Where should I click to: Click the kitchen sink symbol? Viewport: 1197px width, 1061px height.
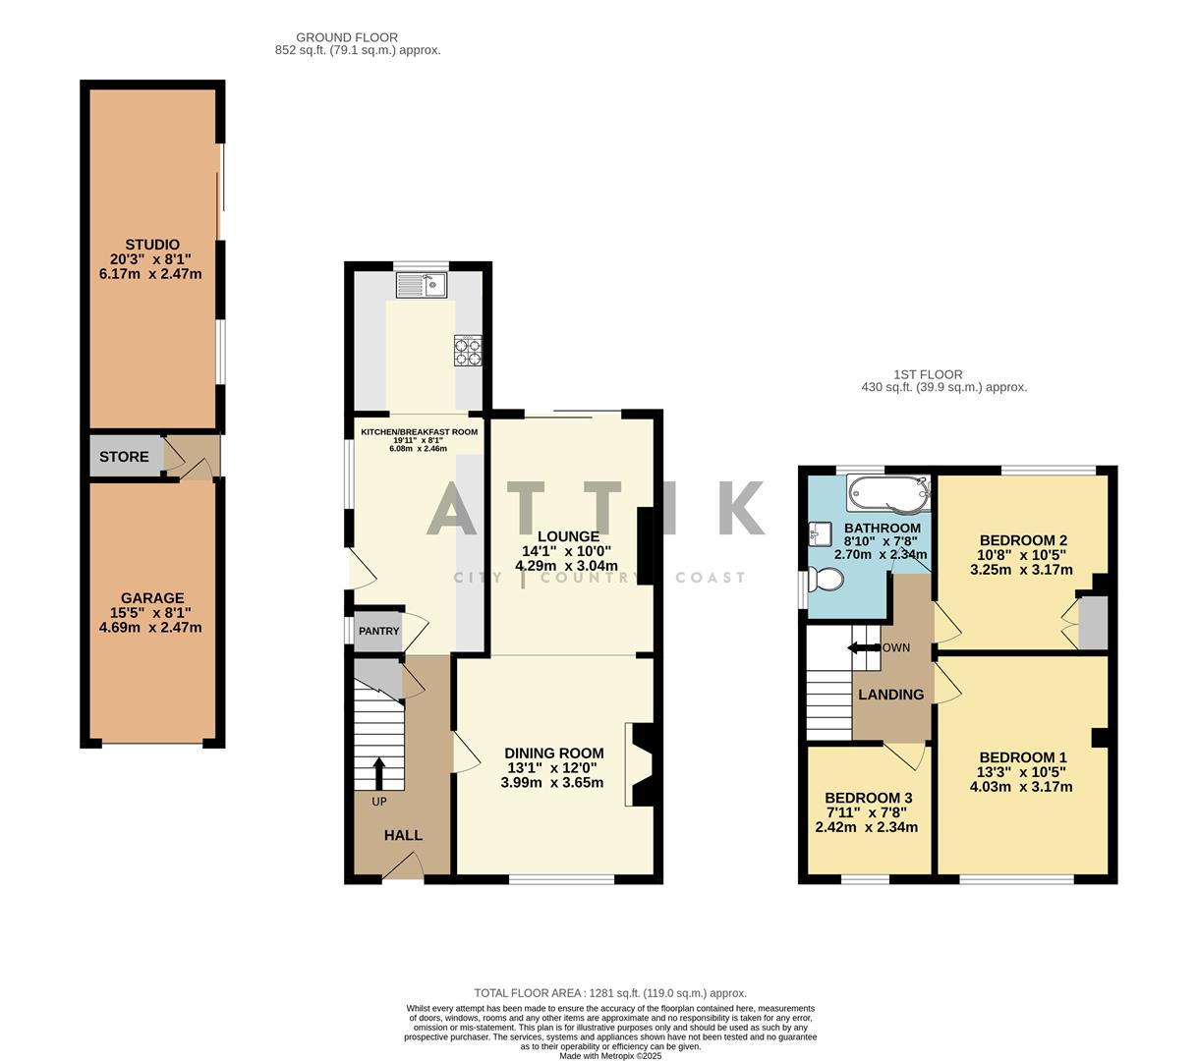[x=421, y=286]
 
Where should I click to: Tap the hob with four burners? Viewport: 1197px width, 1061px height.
[x=469, y=351]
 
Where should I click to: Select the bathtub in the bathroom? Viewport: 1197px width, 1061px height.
[x=888, y=490]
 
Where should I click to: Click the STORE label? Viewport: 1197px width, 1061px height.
[x=125, y=457]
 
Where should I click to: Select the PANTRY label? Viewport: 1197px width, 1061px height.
[x=378, y=631]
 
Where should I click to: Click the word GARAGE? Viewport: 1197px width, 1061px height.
[x=152, y=597]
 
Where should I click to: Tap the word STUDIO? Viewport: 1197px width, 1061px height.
[x=152, y=245]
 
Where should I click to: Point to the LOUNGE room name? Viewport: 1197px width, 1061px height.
[x=567, y=536]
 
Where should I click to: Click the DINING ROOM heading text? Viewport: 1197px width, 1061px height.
[x=554, y=754]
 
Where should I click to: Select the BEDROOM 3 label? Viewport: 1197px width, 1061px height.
[x=868, y=798]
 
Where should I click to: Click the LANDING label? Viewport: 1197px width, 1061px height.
[x=890, y=695]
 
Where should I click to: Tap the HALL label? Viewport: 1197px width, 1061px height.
[x=403, y=835]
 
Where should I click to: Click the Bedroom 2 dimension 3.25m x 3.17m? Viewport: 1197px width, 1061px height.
[x=1021, y=569]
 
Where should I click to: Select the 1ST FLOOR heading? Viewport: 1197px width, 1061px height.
[x=928, y=374]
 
